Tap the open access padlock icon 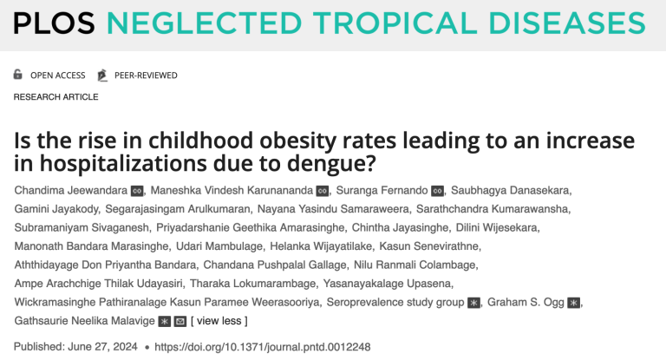click(x=18, y=75)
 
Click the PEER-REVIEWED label click(x=145, y=75)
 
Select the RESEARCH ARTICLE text click(x=55, y=96)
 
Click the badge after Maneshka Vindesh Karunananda click(x=322, y=191)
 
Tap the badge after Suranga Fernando click(x=437, y=191)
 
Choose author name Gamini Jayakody click(x=56, y=209)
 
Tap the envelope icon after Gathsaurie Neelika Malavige click(x=180, y=321)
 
